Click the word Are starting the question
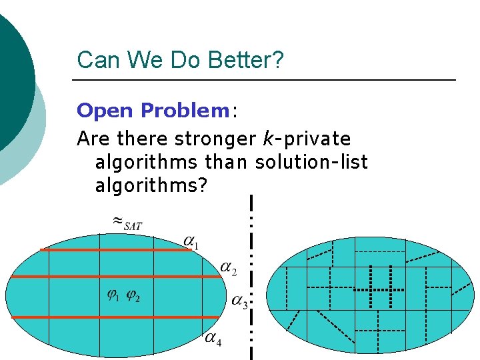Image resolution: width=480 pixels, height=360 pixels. pos(94,139)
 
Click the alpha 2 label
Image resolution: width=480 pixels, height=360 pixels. pos(227,269)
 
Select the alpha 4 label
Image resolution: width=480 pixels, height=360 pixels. pos(213,339)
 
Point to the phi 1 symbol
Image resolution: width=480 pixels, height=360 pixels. pos(113,295)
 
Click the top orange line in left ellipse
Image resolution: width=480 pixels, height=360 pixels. pos(113,250)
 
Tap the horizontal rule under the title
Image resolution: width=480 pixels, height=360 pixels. pos(263,80)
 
